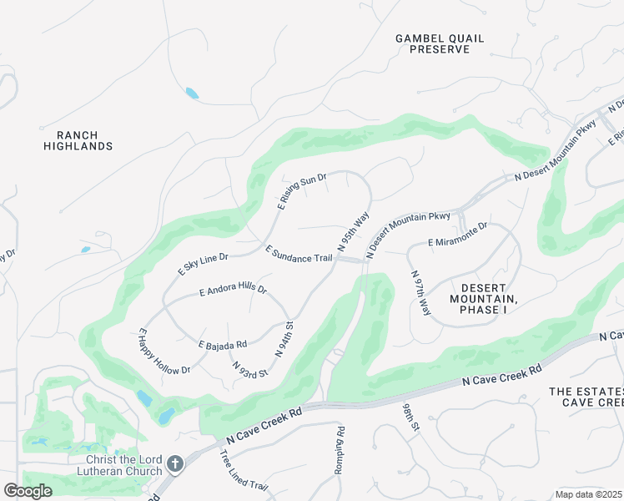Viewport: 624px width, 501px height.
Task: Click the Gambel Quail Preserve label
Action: [x=439, y=43]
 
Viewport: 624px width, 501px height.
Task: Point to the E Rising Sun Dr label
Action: [x=301, y=190]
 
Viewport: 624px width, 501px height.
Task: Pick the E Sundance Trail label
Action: [x=299, y=253]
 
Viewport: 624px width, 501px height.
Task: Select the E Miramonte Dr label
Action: [x=457, y=241]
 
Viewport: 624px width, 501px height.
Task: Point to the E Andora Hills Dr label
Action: [x=233, y=291]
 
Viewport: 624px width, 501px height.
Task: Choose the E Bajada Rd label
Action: [x=222, y=344]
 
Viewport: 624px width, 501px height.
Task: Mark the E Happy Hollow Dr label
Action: [x=164, y=352]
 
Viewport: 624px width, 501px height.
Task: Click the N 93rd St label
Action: [x=249, y=369]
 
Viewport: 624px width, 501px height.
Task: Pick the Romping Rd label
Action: [x=340, y=452]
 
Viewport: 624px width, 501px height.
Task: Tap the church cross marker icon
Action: [x=174, y=463]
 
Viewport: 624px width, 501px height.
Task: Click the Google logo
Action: [x=28, y=491]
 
